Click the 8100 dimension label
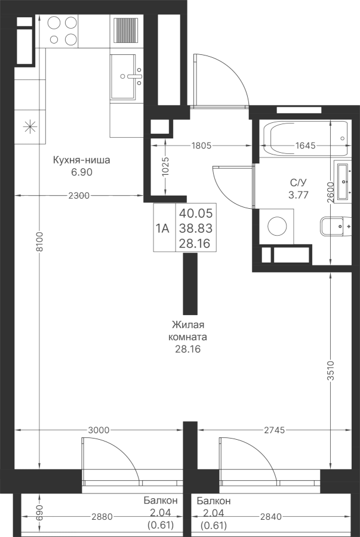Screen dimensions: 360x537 coord(40,242)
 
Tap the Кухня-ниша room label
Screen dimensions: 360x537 coord(82,160)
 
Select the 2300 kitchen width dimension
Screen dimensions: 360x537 coord(79,196)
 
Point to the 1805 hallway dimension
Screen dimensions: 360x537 coord(202,146)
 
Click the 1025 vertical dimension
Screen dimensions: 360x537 coord(165,166)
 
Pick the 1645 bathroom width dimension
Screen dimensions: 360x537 coord(305,146)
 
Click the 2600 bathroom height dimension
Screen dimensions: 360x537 coord(330,193)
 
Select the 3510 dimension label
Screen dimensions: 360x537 coord(330,371)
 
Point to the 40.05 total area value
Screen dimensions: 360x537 coord(196,213)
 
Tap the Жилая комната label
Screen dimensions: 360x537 coord(187,331)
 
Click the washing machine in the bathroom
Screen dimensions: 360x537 coord(277,226)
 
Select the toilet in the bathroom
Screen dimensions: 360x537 coord(336,226)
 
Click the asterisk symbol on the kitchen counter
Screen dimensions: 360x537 coord(30,126)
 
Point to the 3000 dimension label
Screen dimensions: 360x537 coord(99,430)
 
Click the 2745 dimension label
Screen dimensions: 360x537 coord(275,430)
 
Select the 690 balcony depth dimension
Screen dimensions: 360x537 coord(40,512)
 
